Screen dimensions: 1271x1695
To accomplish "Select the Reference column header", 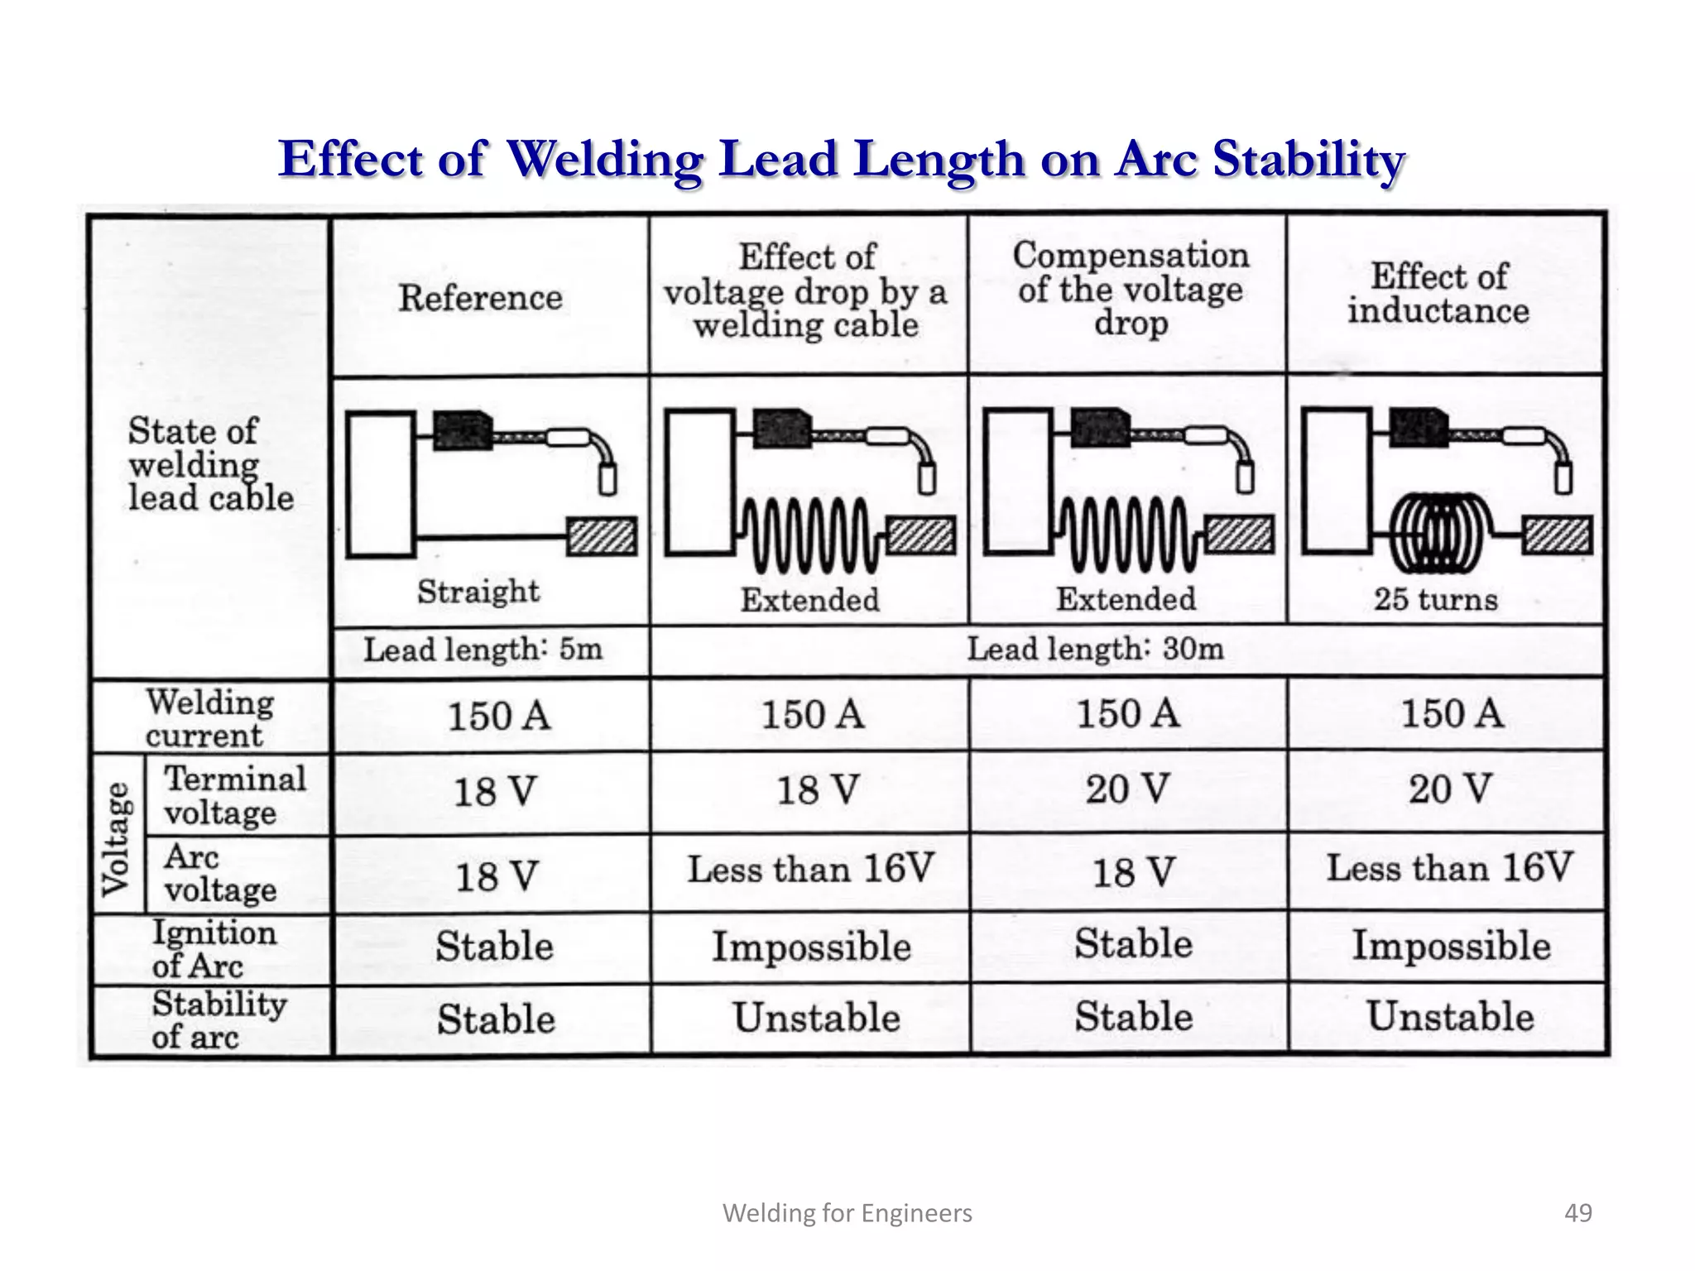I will [x=480, y=298].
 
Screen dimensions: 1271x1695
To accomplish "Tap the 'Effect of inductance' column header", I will [x=1438, y=294].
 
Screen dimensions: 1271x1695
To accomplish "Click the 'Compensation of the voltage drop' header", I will [x=1131, y=289].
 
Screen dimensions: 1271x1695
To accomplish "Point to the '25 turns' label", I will [x=1436, y=599].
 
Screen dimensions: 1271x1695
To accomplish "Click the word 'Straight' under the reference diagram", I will [x=478, y=592].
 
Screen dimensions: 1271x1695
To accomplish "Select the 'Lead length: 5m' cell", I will [x=483, y=650].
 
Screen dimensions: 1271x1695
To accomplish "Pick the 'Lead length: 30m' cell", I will [x=1095, y=649].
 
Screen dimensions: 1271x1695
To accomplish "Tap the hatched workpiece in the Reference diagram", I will [x=602, y=536].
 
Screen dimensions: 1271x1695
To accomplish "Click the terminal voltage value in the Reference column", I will [x=495, y=792].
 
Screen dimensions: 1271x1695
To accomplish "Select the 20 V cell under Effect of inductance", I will [x=1450, y=789].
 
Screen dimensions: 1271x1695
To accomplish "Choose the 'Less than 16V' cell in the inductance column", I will [x=1449, y=868].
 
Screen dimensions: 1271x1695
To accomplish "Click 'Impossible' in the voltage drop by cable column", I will [x=811, y=947].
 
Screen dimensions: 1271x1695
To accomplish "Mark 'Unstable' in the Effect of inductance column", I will [x=1450, y=1017].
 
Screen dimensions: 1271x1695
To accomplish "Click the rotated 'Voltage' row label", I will [x=117, y=838].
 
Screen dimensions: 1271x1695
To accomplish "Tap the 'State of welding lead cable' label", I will [x=210, y=465].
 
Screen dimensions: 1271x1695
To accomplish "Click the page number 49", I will [x=1577, y=1213].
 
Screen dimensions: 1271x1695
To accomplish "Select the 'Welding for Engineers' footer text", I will [x=847, y=1213].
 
